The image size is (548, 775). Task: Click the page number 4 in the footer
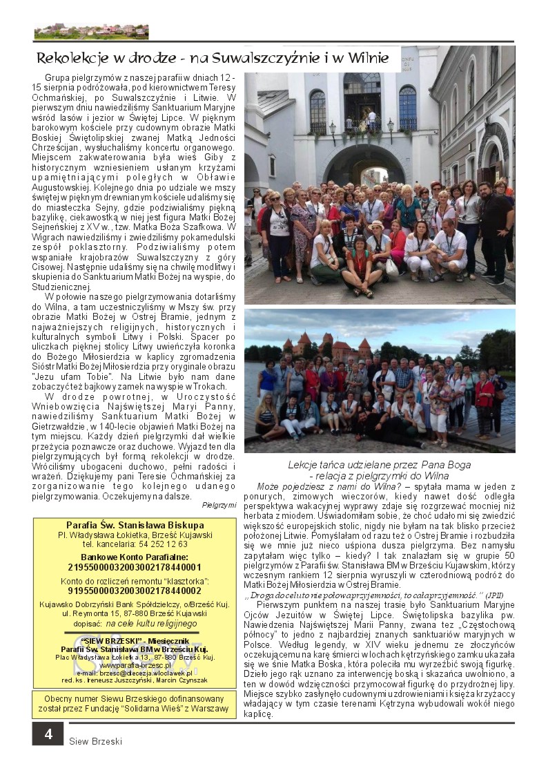(x=48, y=734)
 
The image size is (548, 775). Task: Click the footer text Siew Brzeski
(x=95, y=741)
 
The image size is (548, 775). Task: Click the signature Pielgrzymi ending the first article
(x=219, y=505)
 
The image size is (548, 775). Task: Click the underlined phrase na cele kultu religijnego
(x=151, y=623)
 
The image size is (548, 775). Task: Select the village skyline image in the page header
(x=91, y=31)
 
